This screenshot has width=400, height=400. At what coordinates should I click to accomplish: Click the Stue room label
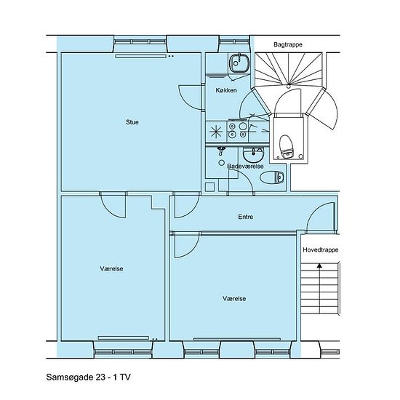pos(132,122)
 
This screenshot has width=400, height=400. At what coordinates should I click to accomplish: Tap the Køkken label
pos(226,90)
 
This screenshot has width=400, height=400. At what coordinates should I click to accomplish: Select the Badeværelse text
pos(245,166)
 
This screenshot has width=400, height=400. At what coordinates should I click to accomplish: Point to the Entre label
pos(246,217)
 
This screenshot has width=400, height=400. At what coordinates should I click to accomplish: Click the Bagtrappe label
pos(288,44)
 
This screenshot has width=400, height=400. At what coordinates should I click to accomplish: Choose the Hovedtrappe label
pos(321,249)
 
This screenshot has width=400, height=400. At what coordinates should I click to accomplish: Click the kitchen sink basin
pos(239,63)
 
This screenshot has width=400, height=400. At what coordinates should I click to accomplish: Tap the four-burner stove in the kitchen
pos(237,130)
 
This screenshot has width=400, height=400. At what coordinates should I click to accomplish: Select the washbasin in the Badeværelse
pos(252,154)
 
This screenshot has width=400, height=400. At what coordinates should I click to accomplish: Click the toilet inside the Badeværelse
pos(272,177)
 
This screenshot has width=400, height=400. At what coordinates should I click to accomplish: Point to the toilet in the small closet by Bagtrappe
pos(287,147)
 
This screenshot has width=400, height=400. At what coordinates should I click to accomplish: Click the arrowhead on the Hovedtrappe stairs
pos(319,265)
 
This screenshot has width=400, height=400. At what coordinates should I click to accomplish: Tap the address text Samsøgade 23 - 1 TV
pos(88,377)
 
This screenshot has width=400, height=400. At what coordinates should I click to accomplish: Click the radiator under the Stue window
pos(141,56)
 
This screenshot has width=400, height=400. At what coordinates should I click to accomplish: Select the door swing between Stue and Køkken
pos(191,97)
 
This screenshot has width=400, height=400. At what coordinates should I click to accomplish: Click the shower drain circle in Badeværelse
pos(222,162)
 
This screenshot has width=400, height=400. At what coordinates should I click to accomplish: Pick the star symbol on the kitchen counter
pos(216,132)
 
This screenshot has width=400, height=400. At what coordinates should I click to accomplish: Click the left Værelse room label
pos(111,268)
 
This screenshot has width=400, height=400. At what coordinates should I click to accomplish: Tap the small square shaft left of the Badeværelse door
pos(210,187)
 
